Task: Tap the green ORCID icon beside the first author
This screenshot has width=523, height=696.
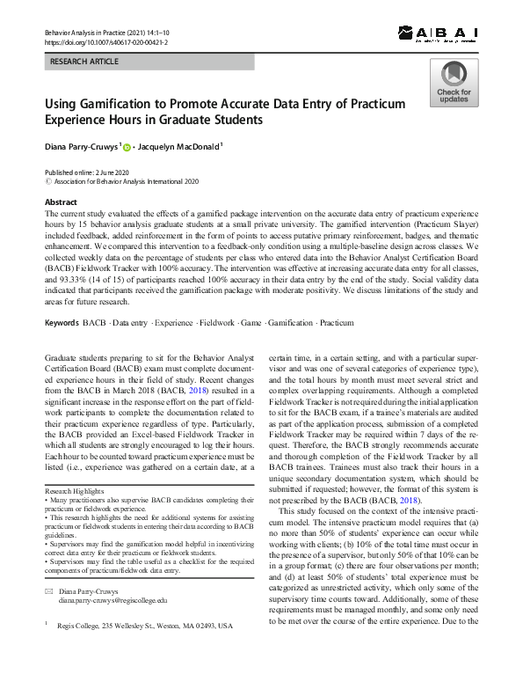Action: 127,148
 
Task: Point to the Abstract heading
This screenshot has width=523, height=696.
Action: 62,201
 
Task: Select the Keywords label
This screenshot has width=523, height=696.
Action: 62,324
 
